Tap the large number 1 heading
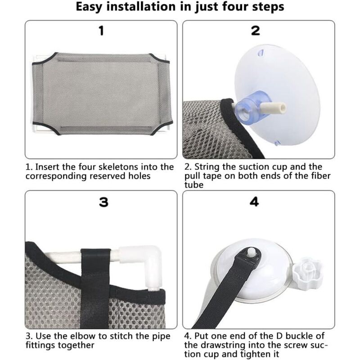point(101,31)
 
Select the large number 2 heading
point(256,31)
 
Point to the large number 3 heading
point(103,202)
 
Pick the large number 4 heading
point(254,202)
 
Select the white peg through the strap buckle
point(252,251)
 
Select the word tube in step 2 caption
point(194,185)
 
